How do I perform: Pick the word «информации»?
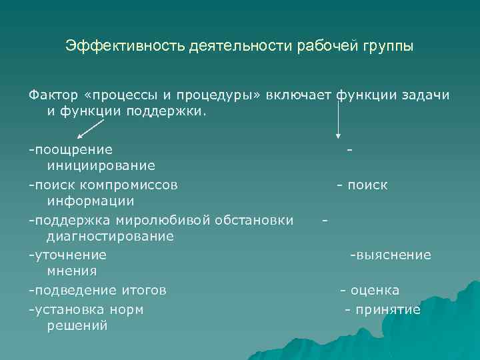[x=91, y=201]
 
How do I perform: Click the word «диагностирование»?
[x=110, y=236]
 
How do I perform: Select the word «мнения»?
[x=72, y=271]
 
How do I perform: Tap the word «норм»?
[x=128, y=310]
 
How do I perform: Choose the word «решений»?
[x=77, y=326]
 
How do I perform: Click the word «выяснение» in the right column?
[x=393, y=255]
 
